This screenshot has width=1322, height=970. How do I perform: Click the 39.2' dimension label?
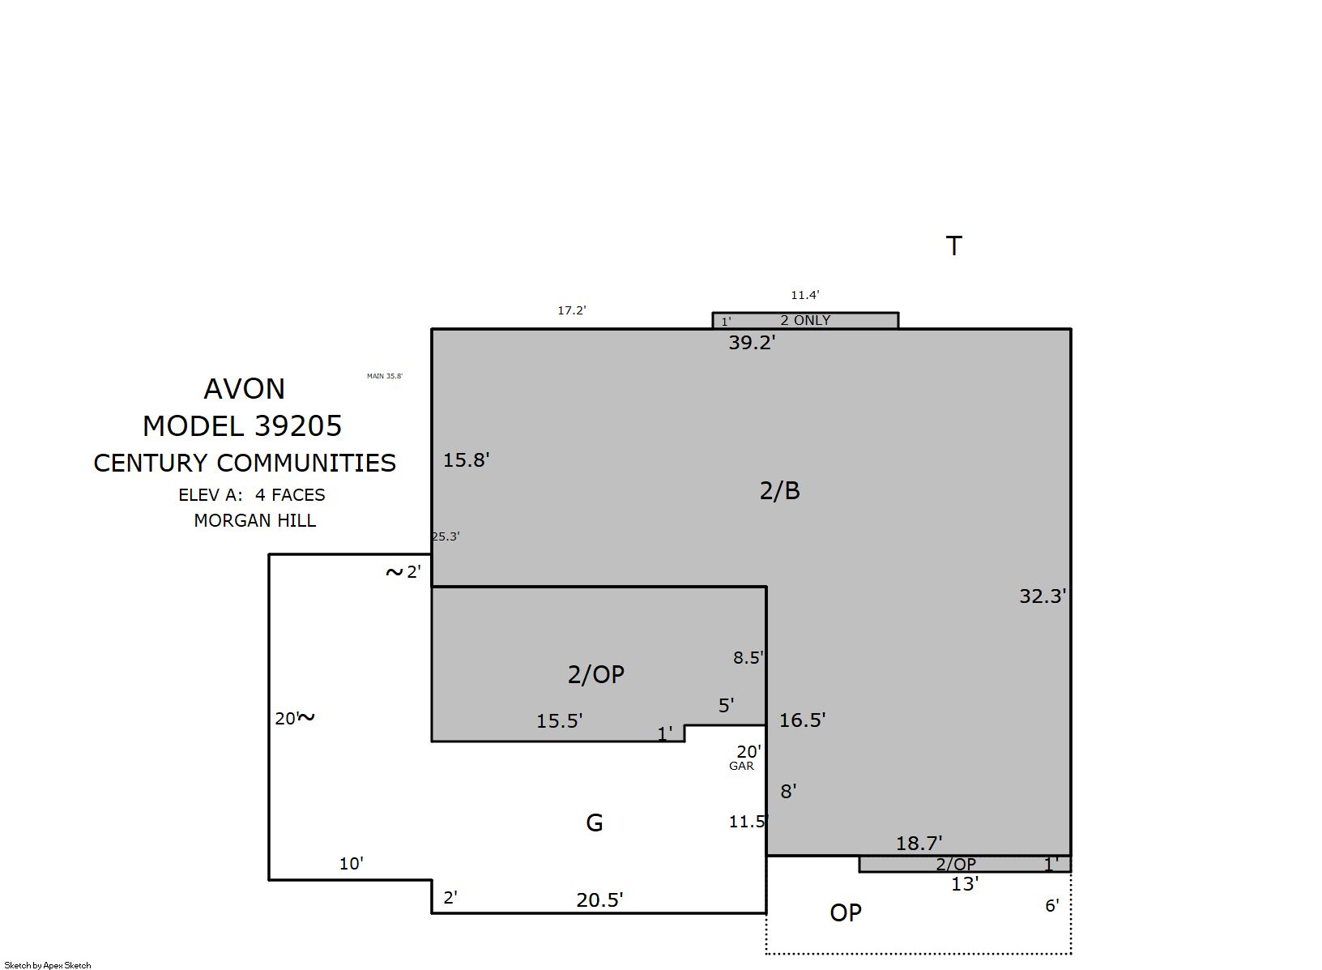point(751,343)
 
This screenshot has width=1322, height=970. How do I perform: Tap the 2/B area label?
point(779,490)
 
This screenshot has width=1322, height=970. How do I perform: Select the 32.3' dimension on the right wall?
point(1043,596)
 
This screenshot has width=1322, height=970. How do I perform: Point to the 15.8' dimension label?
point(467,460)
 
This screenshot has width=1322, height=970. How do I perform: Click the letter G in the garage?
point(595,823)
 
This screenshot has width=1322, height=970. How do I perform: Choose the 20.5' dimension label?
point(599,899)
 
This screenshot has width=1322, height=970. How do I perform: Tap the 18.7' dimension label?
point(919,843)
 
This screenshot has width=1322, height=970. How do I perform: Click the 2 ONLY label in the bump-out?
point(805,320)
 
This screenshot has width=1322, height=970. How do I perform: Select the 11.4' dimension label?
point(805,295)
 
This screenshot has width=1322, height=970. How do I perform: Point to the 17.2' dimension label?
point(572,310)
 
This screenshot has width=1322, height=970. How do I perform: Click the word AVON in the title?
point(245,389)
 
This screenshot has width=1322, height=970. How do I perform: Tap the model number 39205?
point(298,425)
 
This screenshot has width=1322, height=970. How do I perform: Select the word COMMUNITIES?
point(306,463)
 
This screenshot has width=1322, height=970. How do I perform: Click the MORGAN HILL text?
point(255,520)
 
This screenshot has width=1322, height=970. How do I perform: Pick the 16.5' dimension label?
point(802,720)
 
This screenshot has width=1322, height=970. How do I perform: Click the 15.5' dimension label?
point(559,721)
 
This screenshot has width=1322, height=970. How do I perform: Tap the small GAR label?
point(741,766)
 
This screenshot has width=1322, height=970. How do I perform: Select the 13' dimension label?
point(965,884)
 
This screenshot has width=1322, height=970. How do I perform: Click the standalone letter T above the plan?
point(953,246)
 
